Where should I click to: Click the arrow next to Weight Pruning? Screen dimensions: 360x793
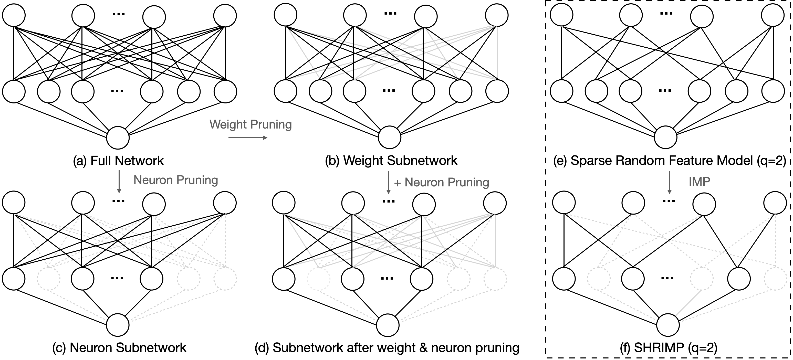click(248, 138)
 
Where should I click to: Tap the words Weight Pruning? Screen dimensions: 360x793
click(251, 124)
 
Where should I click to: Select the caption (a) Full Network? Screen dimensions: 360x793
click(119, 161)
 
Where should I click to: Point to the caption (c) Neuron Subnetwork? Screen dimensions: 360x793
click(119, 348)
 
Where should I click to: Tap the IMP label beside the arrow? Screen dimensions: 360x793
click(699, 182)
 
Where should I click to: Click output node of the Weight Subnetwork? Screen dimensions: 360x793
click(389, 138)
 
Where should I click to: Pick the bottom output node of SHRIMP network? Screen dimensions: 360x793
click(668, 325)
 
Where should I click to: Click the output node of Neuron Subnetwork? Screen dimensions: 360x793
click(118, 325)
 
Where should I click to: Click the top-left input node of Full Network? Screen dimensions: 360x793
click(14, 15)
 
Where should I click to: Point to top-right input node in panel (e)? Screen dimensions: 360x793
click(773, 15)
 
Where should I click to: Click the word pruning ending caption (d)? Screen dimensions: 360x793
click(497, 348)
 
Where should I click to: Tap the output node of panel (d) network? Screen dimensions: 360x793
click(388, 325)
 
